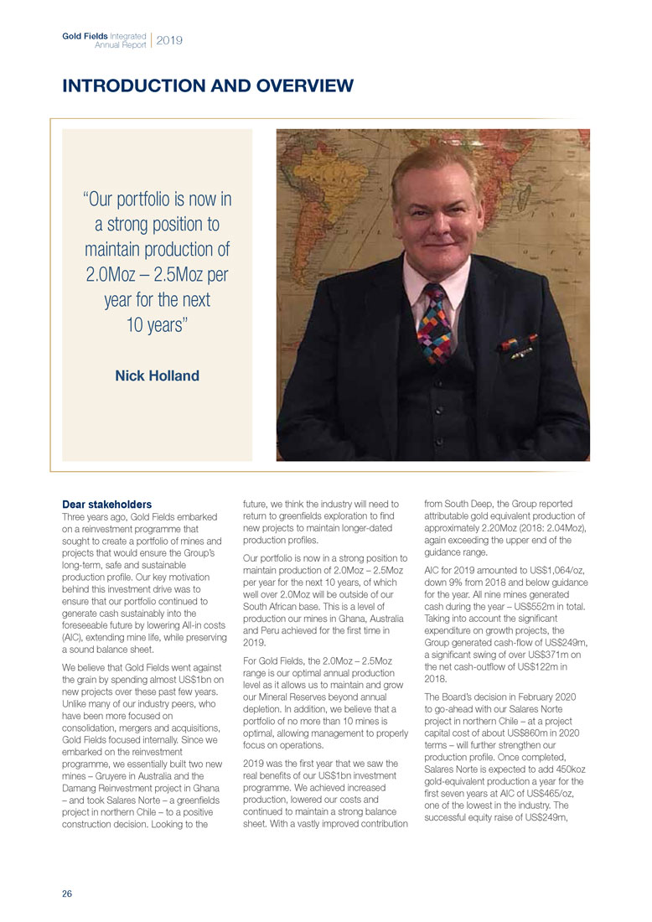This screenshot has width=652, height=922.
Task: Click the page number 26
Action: pyautogui.click(x=67, y=894)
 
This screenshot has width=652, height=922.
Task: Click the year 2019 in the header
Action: pyautogui.click(x=169, y=39)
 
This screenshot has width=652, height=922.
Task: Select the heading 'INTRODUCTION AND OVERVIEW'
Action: pyautogui.click(x=208, y=85)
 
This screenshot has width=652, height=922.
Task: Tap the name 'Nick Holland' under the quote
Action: pyautogui.click(x=157, y=376)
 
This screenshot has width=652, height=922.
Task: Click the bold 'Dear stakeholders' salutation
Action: pyautogui.click(x=107, y=505)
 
